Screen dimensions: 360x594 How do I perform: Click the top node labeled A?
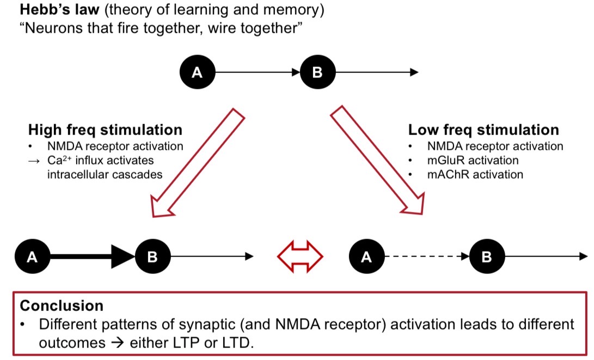(x=197, y=72)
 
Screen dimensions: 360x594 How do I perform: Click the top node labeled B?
(x=317, y=72)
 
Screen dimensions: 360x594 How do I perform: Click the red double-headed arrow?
(x=301, y=257)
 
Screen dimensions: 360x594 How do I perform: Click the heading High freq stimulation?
(x=105, y=130)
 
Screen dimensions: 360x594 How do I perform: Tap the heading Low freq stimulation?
(x=483, y=130)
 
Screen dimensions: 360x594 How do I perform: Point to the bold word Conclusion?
(x=62, y=305)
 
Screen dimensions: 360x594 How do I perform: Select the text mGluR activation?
(x=473, y=161)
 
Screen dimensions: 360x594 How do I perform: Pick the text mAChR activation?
(x=475, y=175)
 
